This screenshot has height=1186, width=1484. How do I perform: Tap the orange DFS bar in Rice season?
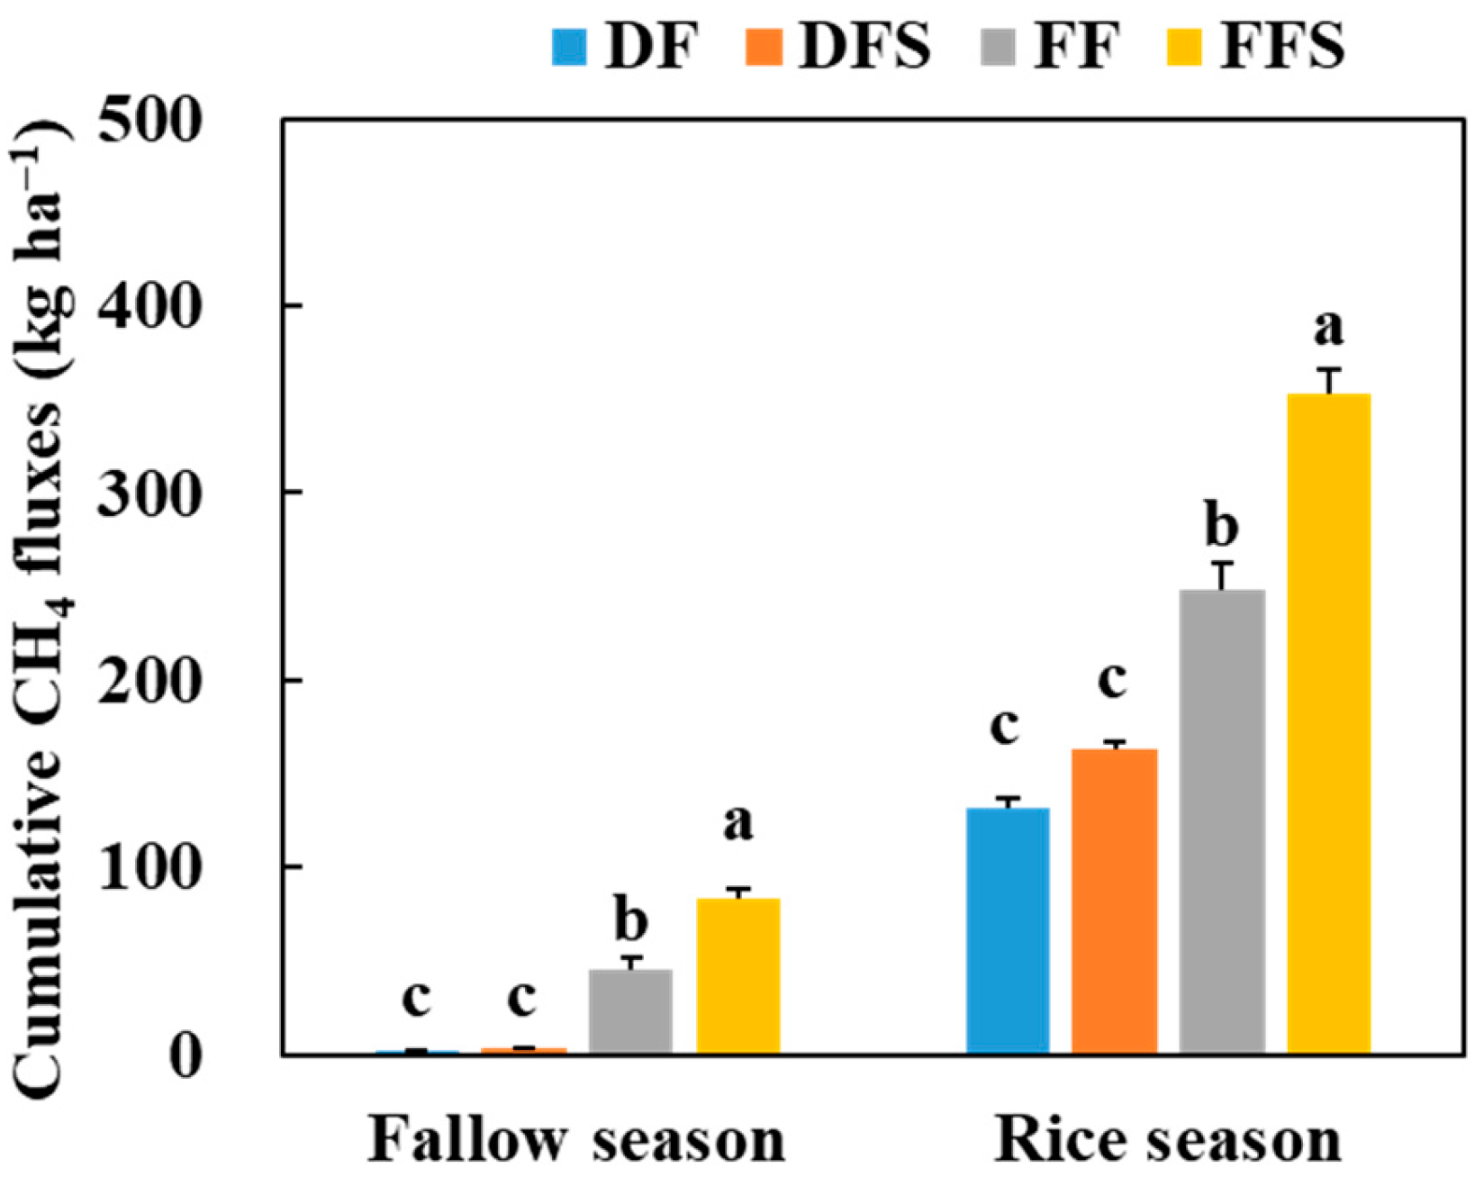(x=1115, y=901)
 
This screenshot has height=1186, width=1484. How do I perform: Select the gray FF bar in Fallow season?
(x=630, y=1010)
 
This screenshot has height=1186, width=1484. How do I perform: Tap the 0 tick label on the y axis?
(x=185, y=1055)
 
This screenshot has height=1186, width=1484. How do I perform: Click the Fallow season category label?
(x=576, y=1140)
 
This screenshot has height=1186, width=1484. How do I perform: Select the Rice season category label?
(x=1167, y=1140)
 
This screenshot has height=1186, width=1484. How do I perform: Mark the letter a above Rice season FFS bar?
(x=1328, y=328)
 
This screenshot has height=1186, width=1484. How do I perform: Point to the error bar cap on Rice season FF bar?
(x=1222, y=564)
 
